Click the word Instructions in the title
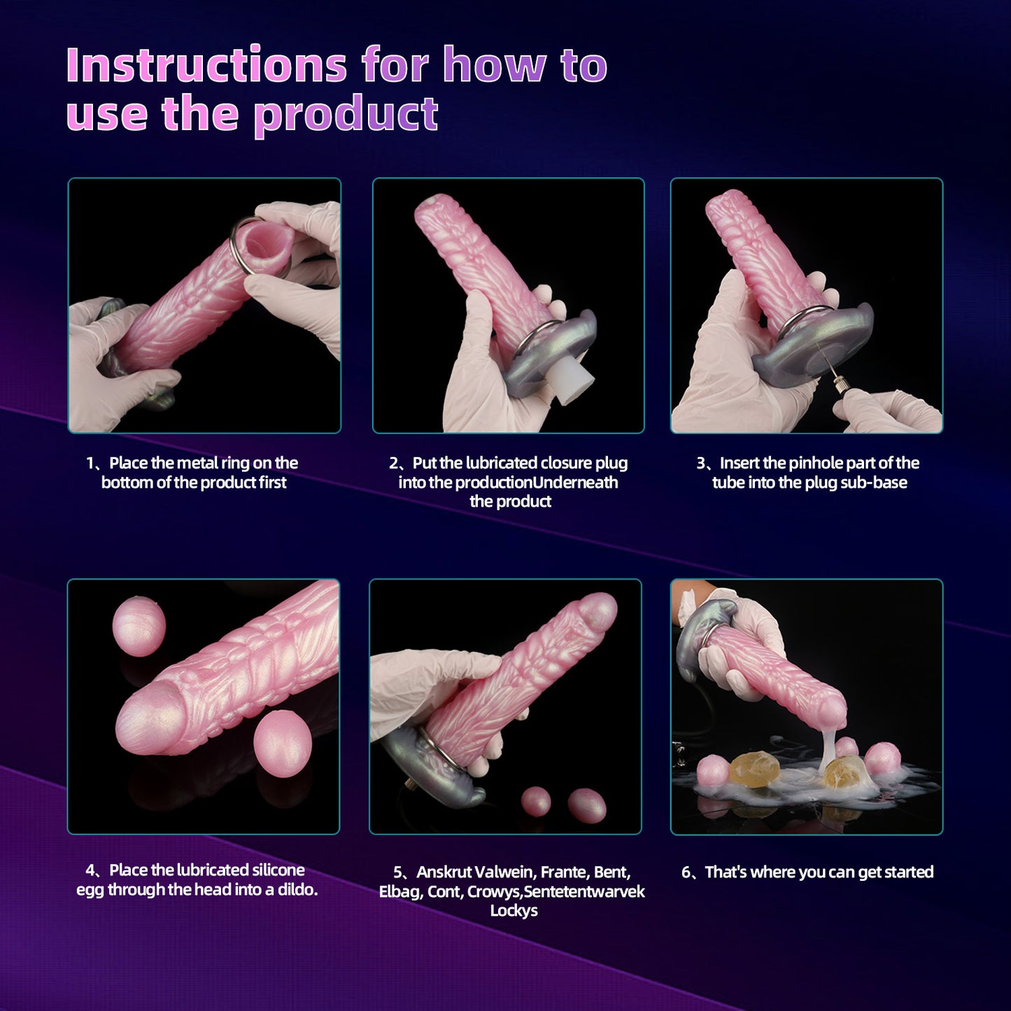coord(206,65)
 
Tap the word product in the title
coord(346,114)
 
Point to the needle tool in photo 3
coord(836,370)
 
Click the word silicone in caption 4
coord(278,870)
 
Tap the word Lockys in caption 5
coord(514,910)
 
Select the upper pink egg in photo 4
coord(139,626)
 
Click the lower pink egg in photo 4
coord(282,744)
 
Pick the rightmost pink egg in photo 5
coord(587,805)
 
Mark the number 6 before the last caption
coord(686,872)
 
